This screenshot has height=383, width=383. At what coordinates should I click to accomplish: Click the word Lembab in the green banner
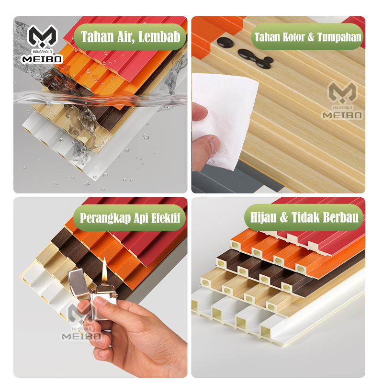point(159,37)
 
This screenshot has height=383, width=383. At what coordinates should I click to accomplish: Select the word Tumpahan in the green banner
point(339,37)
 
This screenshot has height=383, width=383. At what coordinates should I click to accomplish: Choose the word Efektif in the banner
point(166,218)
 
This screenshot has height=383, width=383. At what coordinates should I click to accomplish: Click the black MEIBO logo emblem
point(43,36)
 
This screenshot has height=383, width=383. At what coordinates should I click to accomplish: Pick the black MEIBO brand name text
point(42,59)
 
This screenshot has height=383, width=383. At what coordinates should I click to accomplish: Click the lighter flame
point(104,270)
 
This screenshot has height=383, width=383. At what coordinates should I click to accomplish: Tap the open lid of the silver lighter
point(78,282)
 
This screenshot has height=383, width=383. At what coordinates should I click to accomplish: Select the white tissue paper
point(225,120)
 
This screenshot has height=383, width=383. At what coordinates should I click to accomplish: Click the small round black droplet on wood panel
point(225,43)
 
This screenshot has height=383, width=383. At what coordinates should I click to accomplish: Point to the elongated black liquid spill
point(255,58)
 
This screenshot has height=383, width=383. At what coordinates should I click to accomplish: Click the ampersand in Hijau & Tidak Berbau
point(284,217)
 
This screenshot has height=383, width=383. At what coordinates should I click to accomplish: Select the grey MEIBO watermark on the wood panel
point(342,101)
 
